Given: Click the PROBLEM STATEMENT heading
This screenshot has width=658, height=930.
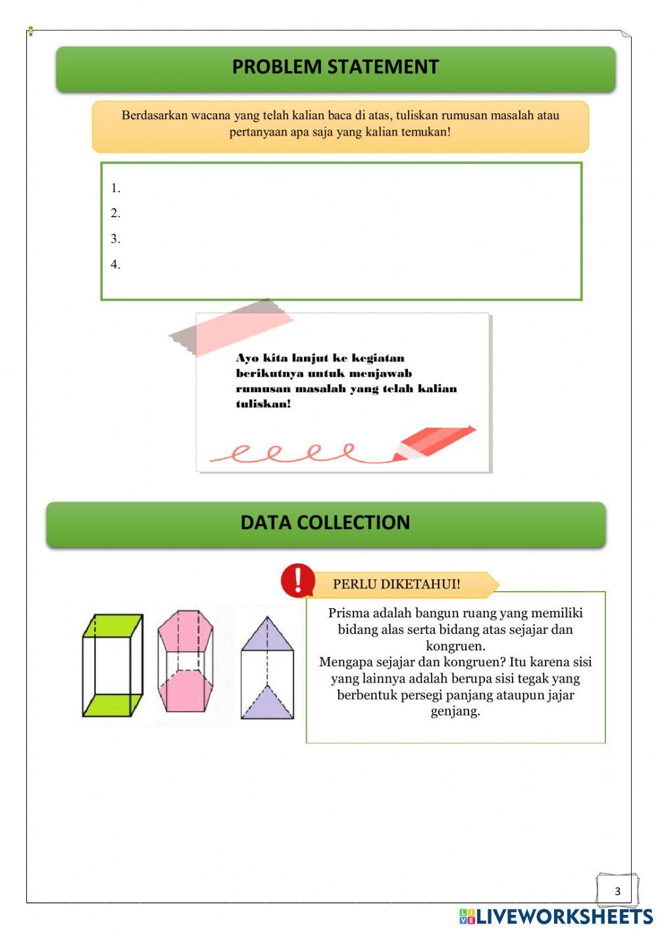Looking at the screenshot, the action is click(x=335, y=67).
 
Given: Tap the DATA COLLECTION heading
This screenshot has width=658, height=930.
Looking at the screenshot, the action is click(x=325, y=523).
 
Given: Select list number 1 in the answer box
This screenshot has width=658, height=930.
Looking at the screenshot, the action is click(x=115, y=188).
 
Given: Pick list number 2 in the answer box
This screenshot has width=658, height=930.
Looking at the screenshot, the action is click(x=115, y=213).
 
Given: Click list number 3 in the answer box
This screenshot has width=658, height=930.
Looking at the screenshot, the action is click(x=115, y=239).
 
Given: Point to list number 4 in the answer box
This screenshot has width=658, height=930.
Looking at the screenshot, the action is click(x=115, y=265).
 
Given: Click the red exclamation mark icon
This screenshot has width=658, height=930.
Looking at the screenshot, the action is click(x=297, y=581).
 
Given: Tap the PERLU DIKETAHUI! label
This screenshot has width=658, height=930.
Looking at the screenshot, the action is click(x=397, y=584).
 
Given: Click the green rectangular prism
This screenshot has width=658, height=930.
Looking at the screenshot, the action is click(x=113, y=665).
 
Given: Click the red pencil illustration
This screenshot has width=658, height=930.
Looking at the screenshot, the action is click(x=434, y=443).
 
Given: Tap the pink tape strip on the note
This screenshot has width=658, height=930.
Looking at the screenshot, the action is click(x=231, y=327).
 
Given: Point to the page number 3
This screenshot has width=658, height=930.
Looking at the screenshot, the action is click(x=617, y=891).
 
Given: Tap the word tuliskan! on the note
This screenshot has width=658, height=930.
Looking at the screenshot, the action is click(x=263, y=403).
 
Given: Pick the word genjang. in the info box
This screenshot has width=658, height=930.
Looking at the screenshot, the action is click(x=455, y=712).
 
